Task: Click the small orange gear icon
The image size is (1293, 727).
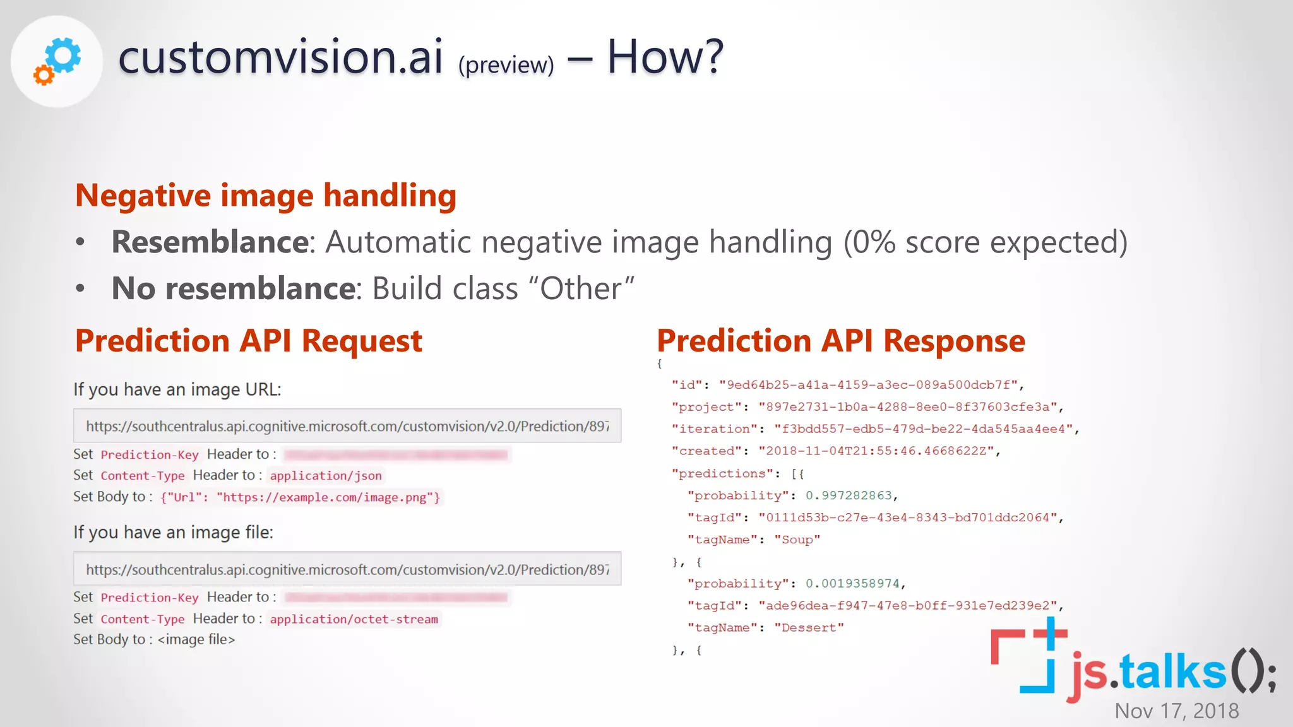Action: click(x=44, y=75)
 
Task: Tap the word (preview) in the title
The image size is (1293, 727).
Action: click(x=506, y=65)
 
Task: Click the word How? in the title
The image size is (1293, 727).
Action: click(x=665, y=57)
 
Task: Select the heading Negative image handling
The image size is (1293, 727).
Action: click(x=266, y=195)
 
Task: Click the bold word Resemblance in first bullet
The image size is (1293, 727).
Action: click(x=210, y=242)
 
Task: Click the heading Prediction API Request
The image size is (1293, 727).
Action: click(x=248, y=341)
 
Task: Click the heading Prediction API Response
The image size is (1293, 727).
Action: click(x=840, y=341)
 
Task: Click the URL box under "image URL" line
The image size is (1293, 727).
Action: click(x=347, y=426)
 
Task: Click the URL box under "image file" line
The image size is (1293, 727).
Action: click(x=347, y=569)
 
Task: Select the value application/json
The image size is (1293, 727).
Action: click(x=326, y=476)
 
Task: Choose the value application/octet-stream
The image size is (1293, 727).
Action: click(x=354, y=619)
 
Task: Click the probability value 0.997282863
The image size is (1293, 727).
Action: click(x=849, y=495)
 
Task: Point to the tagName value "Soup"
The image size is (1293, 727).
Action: click(x=797, y=540)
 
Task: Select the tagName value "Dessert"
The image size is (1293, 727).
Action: click(x=809, y=627)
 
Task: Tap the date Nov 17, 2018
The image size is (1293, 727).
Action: click(x=1176, y=711)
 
